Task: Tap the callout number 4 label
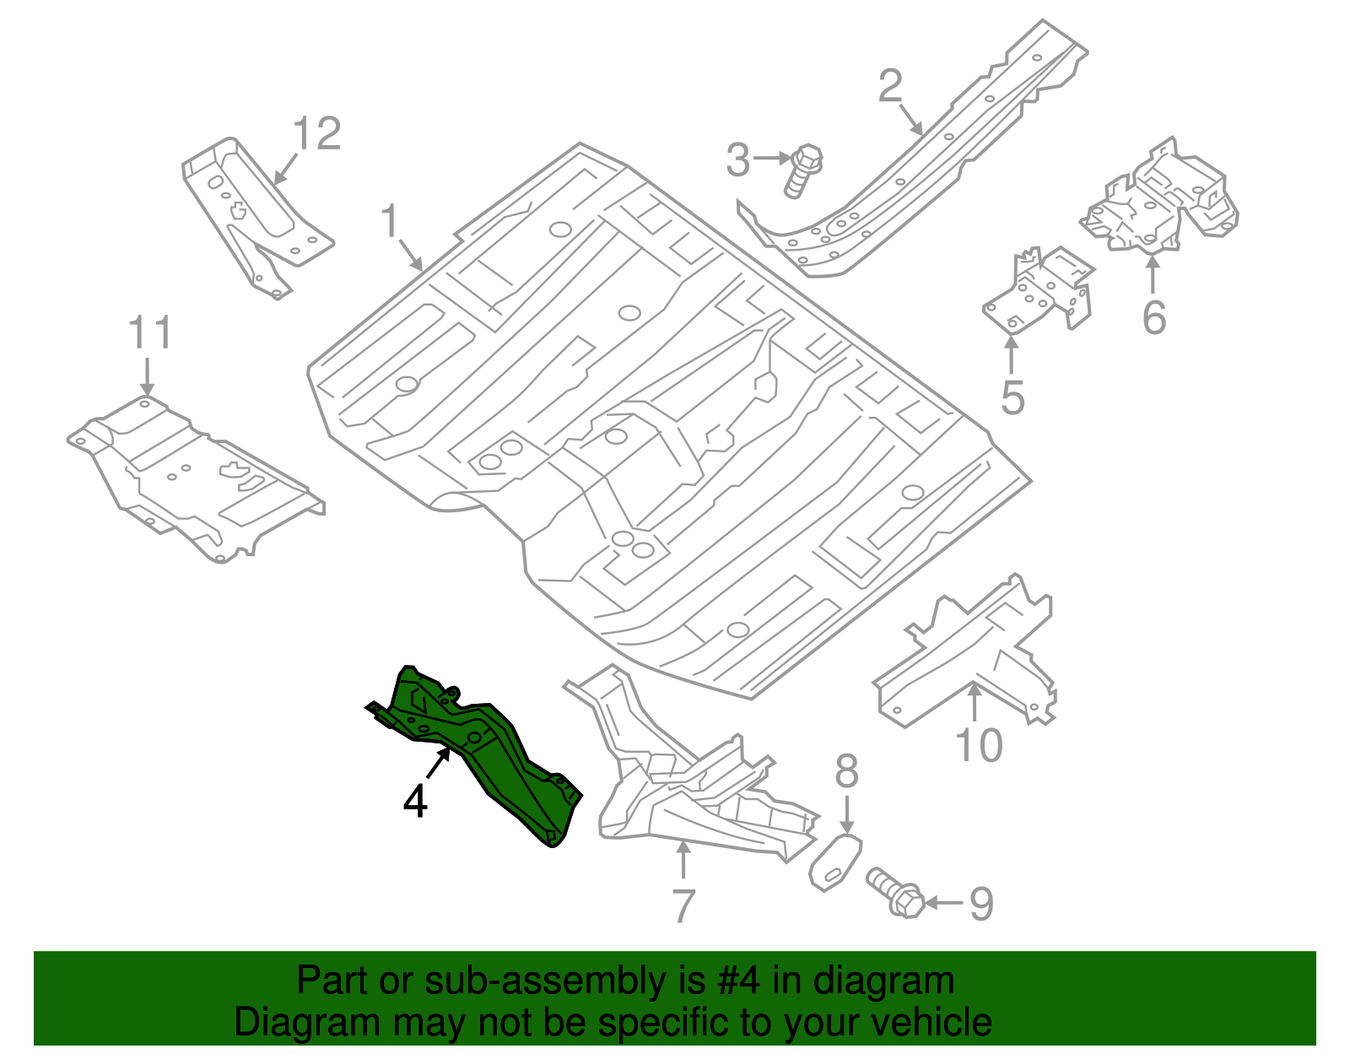point(415,802)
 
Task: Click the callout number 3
point(737,160)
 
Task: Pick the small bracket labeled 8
point(834,862)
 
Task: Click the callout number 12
point(317,135)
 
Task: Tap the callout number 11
point(150,333)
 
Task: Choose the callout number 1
point(389,221)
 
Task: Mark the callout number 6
point(1153,318)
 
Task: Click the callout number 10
point(979,746)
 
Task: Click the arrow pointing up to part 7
point(683,861)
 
